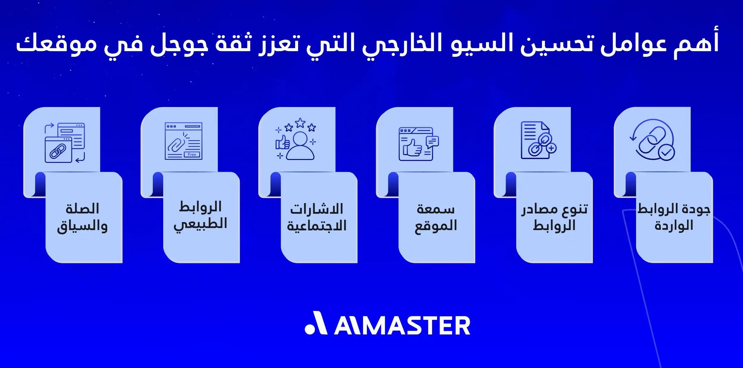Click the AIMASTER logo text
click(402, 326)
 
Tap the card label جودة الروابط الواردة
click(674, 217)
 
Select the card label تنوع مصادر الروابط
click(554, 217)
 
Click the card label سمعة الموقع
click(436, 217)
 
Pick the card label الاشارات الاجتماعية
click(317, 217)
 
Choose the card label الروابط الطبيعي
click(200, 216)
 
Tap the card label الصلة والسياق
click(82, 217)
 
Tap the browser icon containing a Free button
click(183, 141)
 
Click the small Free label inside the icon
click(192, 155)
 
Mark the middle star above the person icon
click(300, 122)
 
